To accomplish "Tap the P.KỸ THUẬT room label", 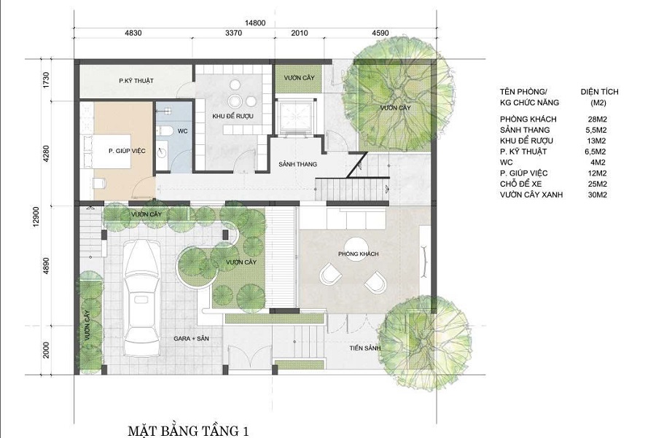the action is (x=136, y=81).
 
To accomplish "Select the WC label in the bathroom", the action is (x=182, y=131).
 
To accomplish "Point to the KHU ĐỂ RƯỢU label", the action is (x=233, y=117).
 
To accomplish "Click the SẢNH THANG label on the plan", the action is (x=297, y=165).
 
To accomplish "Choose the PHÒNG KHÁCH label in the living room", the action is (x=358, y=254).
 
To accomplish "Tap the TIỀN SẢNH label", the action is (x=365, y=348).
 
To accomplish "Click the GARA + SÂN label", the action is (x=191, y=338).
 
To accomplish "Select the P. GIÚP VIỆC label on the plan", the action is (x=127, y=151).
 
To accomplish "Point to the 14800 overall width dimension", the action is (x=255, y=23).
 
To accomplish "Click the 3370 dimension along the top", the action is (x=233, y=33).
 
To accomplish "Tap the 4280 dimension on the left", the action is (x=46, y=154).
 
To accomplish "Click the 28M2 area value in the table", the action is (x=597, y=120).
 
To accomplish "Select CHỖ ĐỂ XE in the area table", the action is (x=521, y=184).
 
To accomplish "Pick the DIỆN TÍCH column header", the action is (x=599, y=92).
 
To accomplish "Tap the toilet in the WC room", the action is (x=166, y=130).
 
